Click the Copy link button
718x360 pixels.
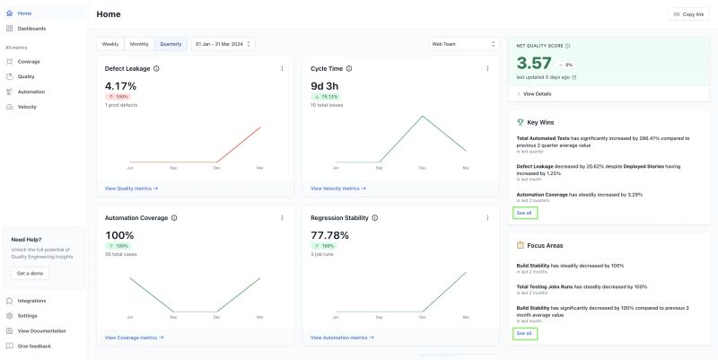click(x=687, y=14)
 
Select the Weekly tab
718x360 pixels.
click(x=110, y=43)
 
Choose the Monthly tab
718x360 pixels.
click(x=139, y=43)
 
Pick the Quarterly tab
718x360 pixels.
click(x=170, y=43)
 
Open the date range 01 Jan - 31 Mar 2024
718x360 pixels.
click(x=223, y=43)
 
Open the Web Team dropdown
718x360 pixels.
click(x=463, y=43)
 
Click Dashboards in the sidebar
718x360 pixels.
click(x=31, y=29)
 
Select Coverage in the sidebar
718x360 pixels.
click(x=29, y=61)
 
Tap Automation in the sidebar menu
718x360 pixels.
click(x=31, y=92)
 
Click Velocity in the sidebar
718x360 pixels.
click(x=27, y=107)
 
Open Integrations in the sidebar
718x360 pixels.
click(x=31, y=301)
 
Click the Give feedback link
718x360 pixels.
click(x=34, y=346)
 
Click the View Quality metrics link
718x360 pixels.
click(x=131, y=189)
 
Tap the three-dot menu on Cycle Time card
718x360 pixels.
click(x=487, y=68)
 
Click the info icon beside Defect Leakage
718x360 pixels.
click(x=156, y=68)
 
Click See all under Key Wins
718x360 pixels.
click(x=523, y=213)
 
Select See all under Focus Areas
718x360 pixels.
click(x=523, y=333)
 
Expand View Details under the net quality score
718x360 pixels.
click(x=537, y=93)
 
